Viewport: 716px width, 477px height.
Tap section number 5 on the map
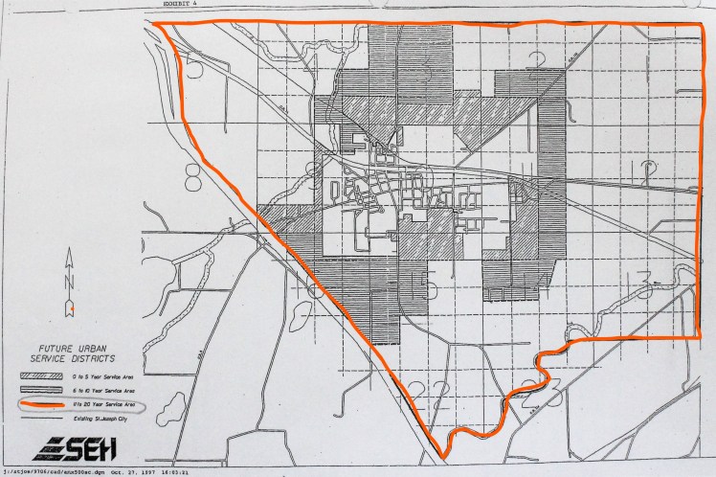(x=195, y=66)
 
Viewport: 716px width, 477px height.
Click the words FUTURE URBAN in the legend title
(x=69, y=351)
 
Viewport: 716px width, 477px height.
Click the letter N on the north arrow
(x=70, y=282)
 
